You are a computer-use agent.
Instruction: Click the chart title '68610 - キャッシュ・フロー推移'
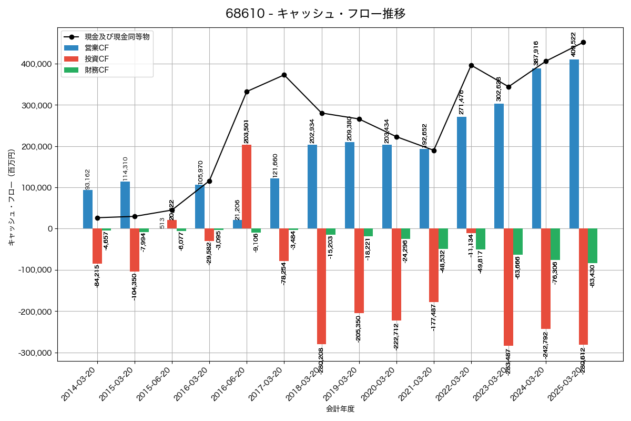tap(315, 14)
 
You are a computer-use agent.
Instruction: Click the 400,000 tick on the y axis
tap(36, 64)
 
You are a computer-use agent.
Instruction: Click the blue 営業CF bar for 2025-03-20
tap(574, 144)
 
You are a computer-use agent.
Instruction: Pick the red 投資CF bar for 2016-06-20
tap(247, 187)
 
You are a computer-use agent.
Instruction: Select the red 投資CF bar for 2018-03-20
tap(321, 286)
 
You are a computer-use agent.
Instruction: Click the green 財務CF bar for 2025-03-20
tap(593, 246)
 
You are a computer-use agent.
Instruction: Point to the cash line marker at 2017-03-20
tap(284, 75)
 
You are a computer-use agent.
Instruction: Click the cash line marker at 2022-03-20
tap(471, 65)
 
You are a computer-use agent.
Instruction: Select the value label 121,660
tap(276, 165)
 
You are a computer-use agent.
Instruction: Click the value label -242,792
tap(546, 345)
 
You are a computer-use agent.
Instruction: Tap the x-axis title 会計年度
tap(340, 409)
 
